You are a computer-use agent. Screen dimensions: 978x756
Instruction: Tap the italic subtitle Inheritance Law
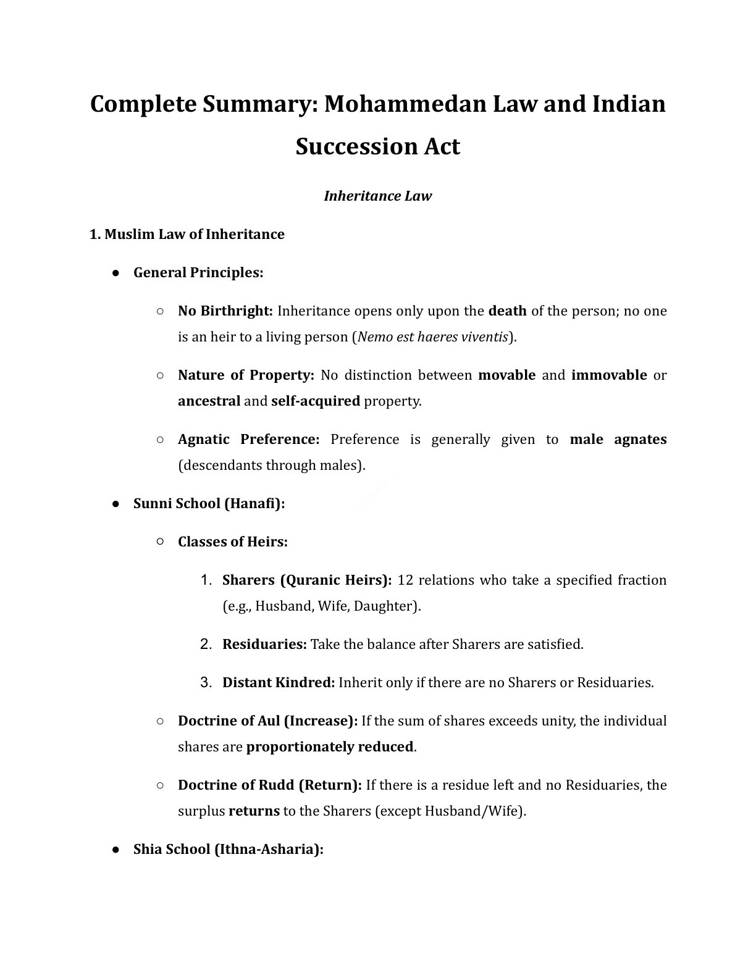point(377,196)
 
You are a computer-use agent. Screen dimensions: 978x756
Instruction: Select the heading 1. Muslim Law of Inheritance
point(187,234)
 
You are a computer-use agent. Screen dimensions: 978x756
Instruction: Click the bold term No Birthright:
point(225,311)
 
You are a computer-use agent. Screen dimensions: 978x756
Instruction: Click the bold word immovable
point(609,375)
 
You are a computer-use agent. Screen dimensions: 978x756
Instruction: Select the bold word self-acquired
point(316,401)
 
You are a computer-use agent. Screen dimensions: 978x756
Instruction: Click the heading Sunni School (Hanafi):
point(209,503)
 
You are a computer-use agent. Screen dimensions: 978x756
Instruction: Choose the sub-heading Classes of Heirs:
point(233,541)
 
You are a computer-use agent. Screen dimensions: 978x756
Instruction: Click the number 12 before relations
point(405,580)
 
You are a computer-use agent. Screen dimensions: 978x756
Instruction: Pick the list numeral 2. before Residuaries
point(206,644)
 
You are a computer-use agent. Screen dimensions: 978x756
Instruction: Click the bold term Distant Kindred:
point(279,682)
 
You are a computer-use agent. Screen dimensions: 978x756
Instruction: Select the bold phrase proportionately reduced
point(330,746)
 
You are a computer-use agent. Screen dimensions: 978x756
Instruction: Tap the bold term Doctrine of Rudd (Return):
point(270,785)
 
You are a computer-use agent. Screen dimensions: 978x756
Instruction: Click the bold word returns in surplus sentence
point(254,811)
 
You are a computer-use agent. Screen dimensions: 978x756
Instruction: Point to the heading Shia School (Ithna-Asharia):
point(229,849)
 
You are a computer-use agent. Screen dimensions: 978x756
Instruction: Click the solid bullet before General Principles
point(115,273)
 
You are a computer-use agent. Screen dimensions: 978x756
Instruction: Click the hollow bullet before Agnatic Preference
point(160,439)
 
